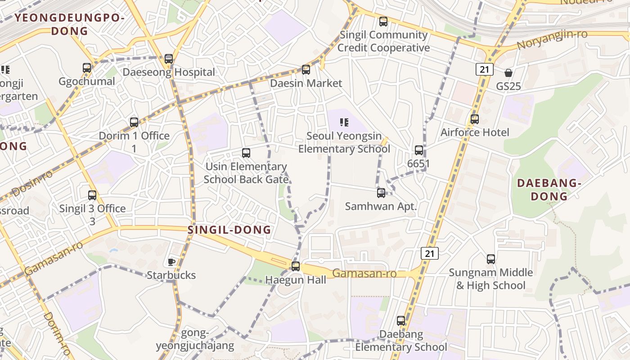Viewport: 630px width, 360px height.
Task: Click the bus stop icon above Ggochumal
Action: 87,68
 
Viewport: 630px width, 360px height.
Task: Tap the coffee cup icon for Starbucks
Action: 171,262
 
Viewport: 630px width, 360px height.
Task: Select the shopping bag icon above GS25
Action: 508,72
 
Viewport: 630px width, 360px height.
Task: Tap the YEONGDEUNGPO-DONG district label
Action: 69,24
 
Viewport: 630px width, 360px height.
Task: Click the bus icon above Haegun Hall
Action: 296,266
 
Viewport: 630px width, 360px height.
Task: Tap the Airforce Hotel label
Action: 475,132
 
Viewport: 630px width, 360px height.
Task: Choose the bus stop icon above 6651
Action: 419,150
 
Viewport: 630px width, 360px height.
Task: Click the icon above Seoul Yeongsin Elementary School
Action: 344,122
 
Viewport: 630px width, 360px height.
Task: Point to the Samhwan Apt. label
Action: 381,207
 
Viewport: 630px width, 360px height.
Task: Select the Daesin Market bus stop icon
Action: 306,70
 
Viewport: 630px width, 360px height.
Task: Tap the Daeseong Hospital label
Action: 169,72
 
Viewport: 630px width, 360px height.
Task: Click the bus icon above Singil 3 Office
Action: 92,195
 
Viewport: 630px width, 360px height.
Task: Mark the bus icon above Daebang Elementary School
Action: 401,321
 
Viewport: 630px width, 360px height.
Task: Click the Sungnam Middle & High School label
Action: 490,279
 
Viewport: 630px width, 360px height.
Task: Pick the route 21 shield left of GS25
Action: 484,69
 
